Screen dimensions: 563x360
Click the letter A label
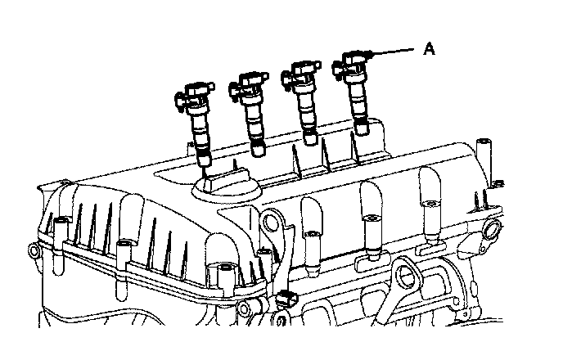coord(429,49)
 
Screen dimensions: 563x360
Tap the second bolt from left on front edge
coord(125,245)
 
